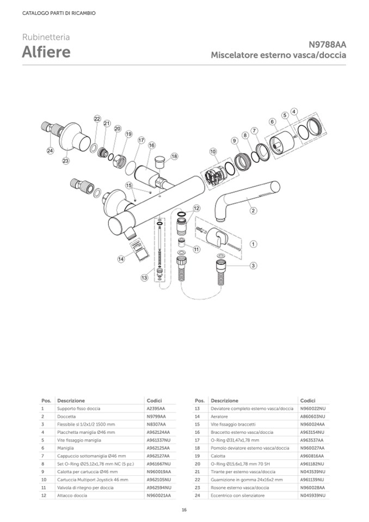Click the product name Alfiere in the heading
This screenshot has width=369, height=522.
46,53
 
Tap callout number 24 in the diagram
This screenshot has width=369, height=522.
50,150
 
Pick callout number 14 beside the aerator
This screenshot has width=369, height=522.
121,259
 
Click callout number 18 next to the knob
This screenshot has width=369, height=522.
174,156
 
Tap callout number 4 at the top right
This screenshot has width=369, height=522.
294,112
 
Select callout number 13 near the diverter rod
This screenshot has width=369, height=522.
144,278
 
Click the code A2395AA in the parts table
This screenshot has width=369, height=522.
156,408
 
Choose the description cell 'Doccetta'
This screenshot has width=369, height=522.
66,416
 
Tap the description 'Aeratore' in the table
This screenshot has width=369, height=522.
219,416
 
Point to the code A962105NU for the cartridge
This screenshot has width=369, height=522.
159,480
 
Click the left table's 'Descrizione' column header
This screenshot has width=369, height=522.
71,400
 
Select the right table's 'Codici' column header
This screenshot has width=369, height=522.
307,400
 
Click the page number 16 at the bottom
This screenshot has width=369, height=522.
184,509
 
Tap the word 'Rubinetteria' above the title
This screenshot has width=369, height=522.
46,38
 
